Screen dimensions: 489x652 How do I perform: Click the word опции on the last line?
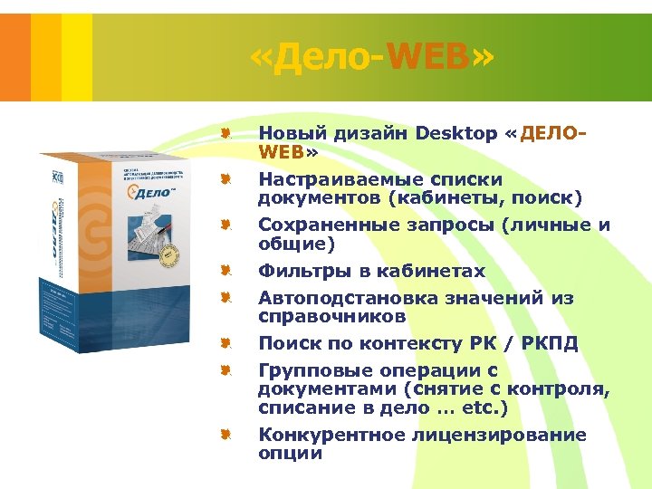pos(291,454)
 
